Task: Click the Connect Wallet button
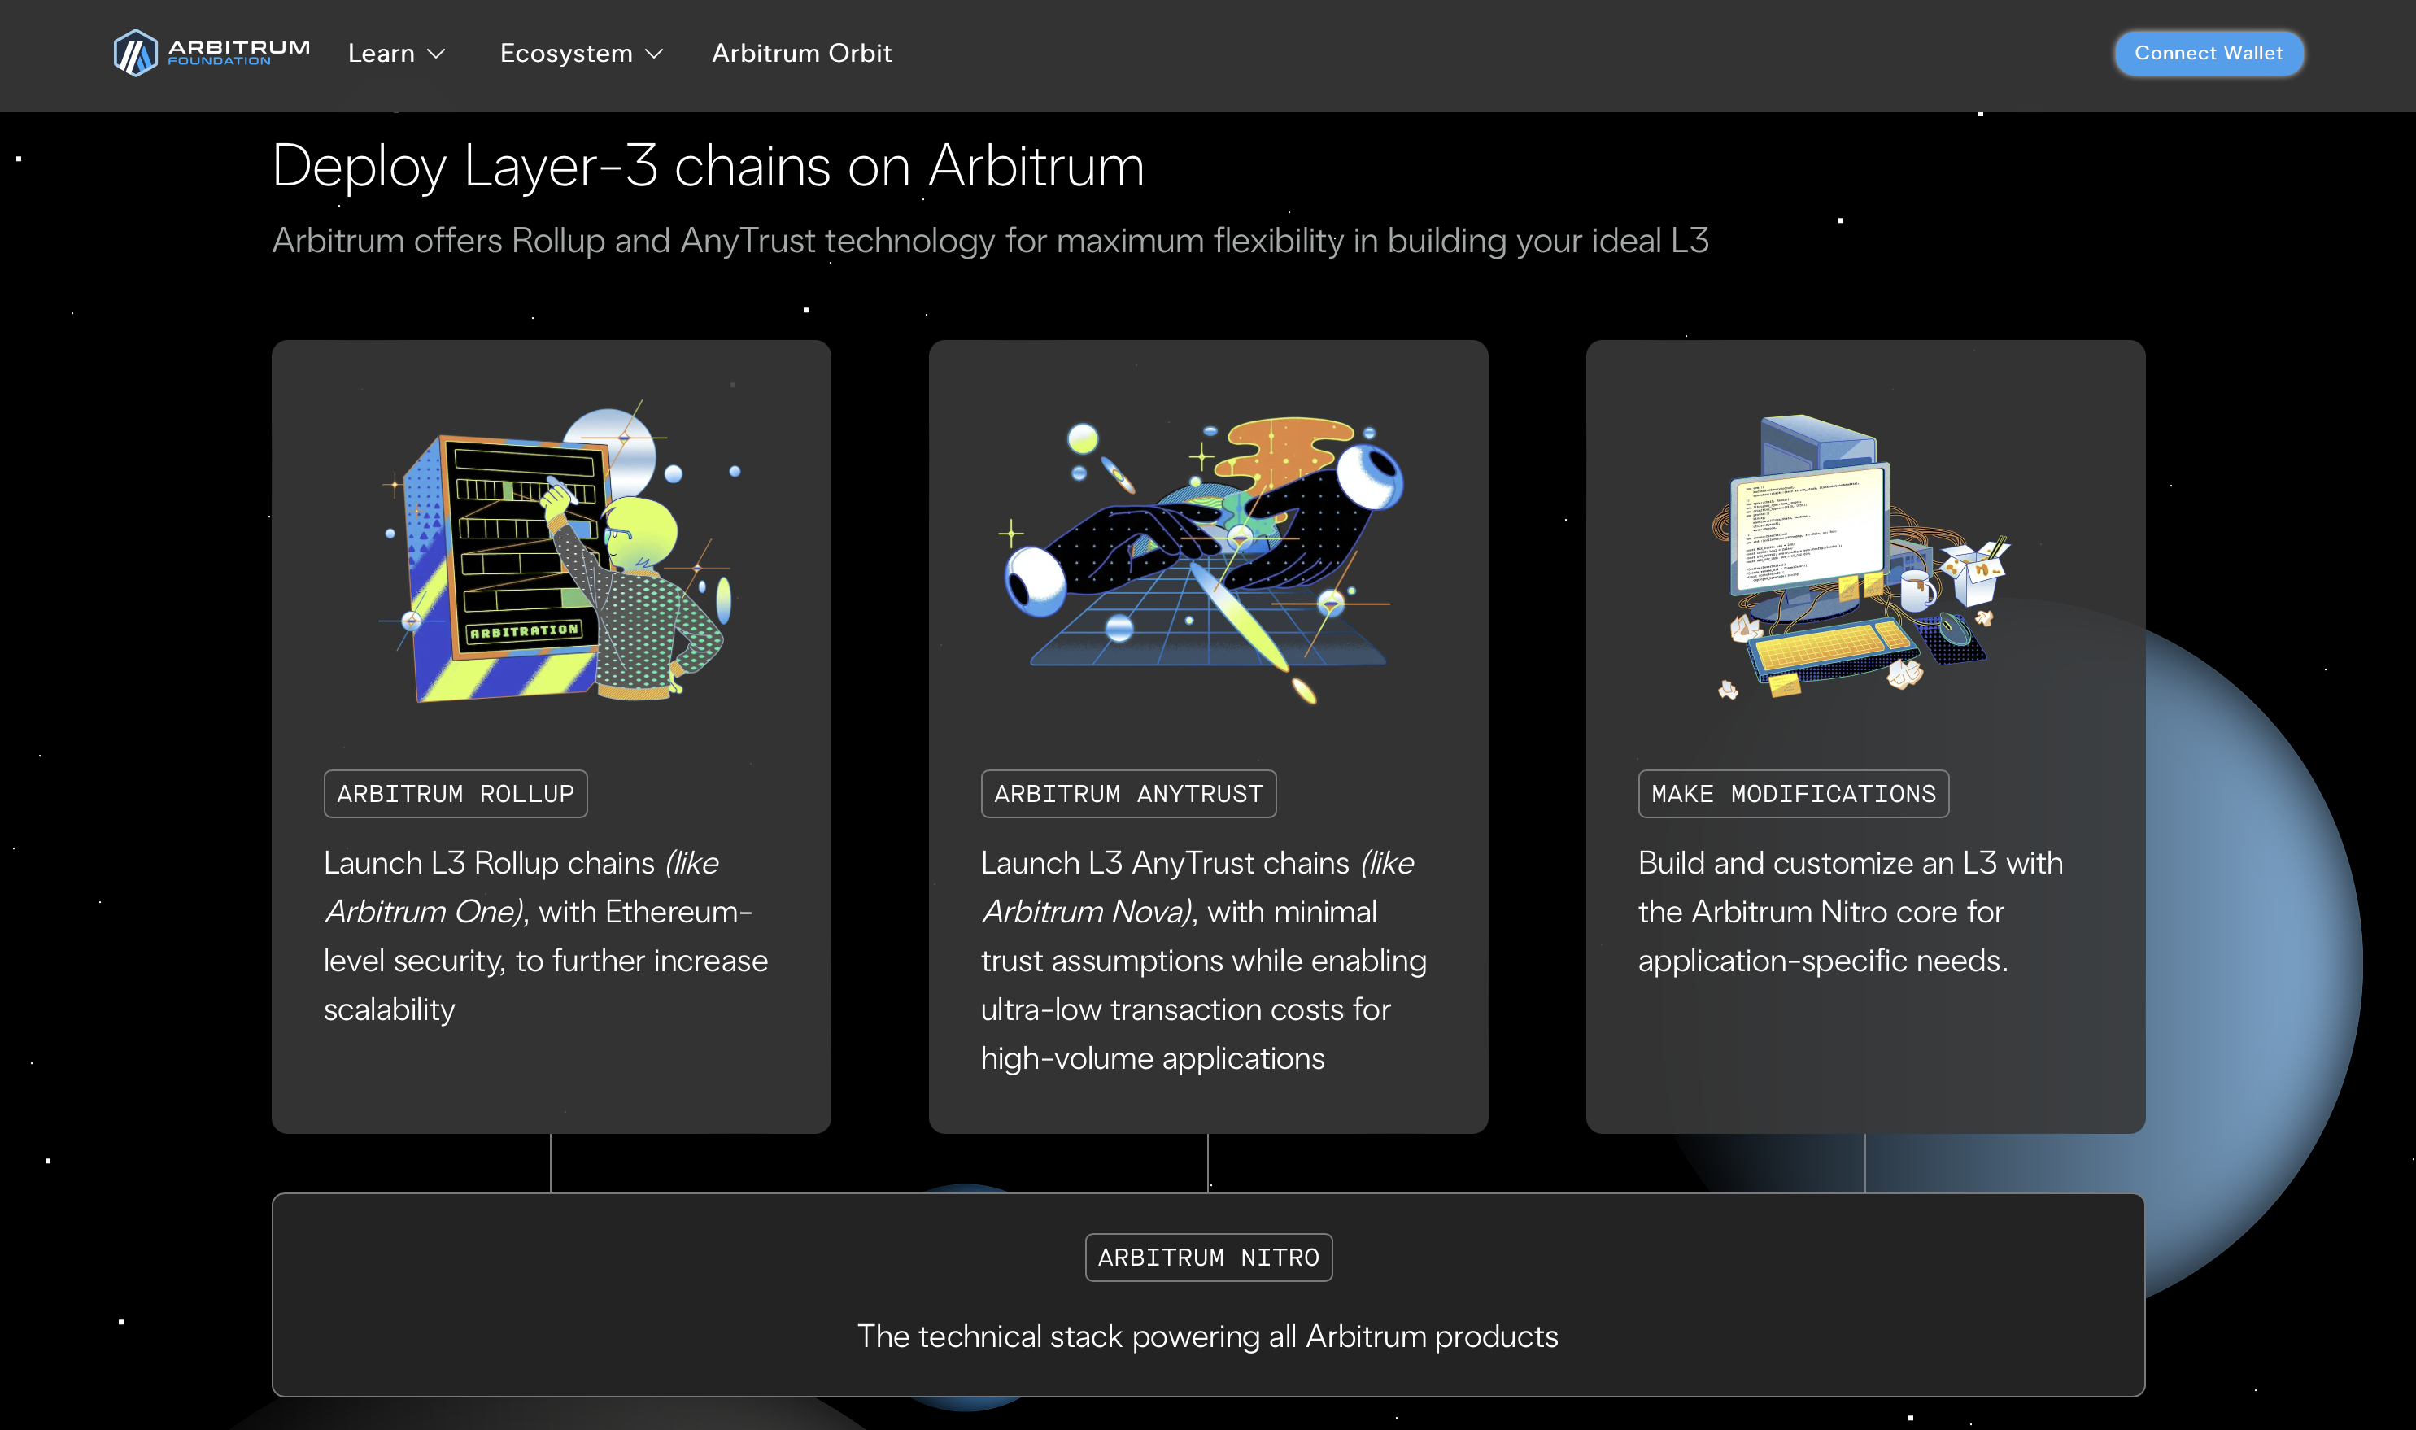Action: coord(2208,53)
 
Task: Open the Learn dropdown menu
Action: coord(396,54)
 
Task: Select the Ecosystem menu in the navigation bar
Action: coord(581,54)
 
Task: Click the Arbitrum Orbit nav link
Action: coord(800,54)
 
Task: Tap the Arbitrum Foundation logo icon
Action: coord(135,52)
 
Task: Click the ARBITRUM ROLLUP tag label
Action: coord(455,794)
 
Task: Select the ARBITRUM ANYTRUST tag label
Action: coord(1127,794)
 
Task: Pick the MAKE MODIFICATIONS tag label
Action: coord(1793,794)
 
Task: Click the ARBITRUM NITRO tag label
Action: coord(1209,1258)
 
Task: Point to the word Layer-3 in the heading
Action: coord(560,166)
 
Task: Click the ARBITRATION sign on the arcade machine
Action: coord(524,631)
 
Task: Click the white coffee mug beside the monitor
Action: coord(1916,589)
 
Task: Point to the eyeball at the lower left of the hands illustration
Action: coord(1035,580)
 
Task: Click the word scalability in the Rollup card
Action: coord(390,1009)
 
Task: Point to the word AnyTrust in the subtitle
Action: coord(748,241)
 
